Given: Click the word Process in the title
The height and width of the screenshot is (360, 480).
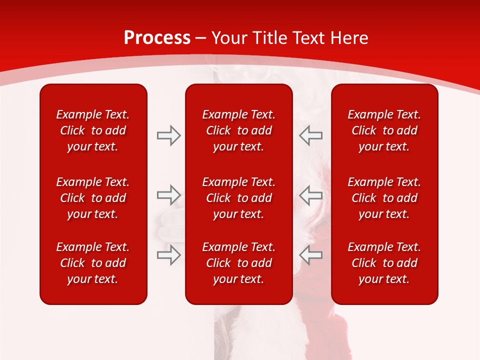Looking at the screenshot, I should pos(157,38).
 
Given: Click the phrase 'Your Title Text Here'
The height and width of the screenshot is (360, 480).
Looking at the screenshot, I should pos(290,38).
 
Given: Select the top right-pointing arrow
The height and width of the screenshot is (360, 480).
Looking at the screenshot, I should pos(168,135).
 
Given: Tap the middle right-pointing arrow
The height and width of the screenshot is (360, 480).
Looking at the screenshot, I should pos(168,195).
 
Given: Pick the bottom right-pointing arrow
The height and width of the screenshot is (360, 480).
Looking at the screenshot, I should pos(168,255).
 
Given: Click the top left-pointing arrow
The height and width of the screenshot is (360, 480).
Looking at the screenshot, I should pos(310,135).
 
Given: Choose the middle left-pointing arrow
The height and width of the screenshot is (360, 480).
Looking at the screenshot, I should pos(310,195).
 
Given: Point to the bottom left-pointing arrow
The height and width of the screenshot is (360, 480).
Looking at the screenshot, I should pos(310,255).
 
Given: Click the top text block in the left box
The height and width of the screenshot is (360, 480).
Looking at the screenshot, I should pos(93,130).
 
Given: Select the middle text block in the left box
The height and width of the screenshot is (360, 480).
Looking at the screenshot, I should pos(93,198).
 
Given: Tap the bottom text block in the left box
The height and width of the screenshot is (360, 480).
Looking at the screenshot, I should pos(93,263).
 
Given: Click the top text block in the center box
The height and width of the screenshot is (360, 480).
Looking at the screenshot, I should pos(238,130).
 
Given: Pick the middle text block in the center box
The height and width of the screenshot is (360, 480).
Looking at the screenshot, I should pos(238,198).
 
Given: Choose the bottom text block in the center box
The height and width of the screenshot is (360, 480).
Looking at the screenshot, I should pos(238,263).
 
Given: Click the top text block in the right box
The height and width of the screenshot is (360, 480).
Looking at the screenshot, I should pos(384,130).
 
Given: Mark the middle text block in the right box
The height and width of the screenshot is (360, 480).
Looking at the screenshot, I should pos(384,198).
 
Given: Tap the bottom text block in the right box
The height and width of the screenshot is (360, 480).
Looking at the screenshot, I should pos(384,263).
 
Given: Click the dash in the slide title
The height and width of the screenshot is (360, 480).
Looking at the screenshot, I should pos(201,38).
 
